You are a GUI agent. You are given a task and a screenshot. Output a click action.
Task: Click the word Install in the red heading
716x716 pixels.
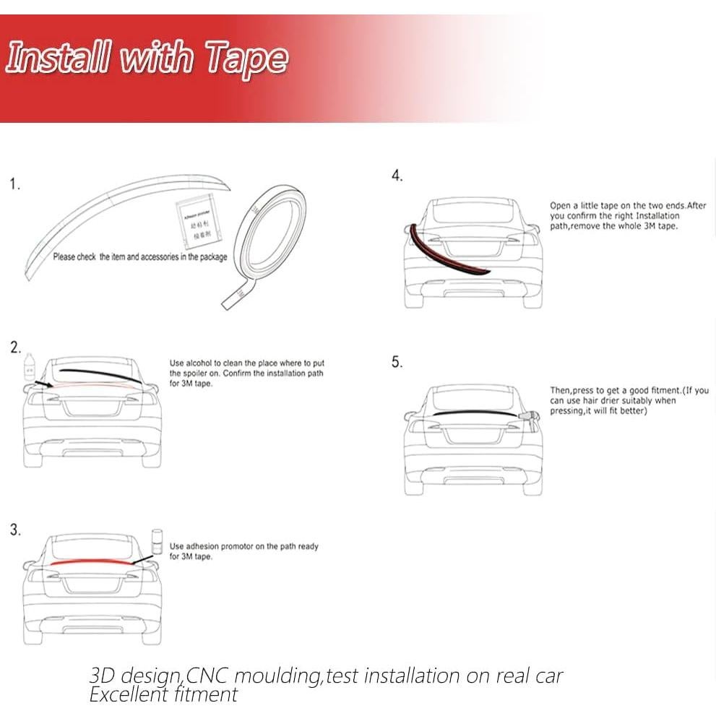click(58, 58)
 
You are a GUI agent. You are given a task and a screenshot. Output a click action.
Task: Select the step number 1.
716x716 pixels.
click(15, 184)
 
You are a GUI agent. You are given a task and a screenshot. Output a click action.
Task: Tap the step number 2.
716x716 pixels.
click(16, 348)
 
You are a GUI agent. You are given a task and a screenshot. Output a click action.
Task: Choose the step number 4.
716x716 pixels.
click(397, 176)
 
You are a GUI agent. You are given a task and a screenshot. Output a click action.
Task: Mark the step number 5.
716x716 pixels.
click(397, 362)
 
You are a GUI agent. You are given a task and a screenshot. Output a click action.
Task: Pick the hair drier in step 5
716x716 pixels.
click(531, 418)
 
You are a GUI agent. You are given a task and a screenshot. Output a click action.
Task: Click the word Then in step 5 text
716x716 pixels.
click(561, 391)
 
